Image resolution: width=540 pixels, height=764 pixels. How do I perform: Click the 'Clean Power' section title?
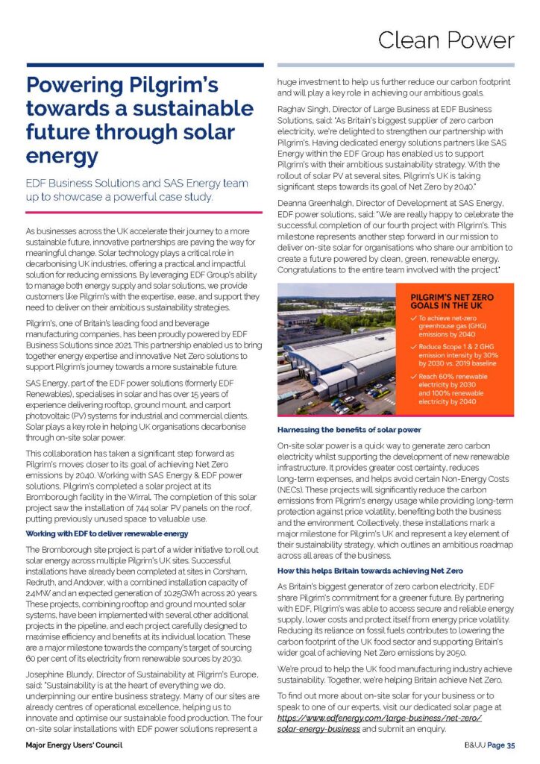(x=445, y=39)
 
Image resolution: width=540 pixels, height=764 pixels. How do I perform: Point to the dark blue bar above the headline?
(x=145, y=65)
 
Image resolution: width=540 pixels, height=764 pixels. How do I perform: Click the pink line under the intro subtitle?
(x=145, y=213)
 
